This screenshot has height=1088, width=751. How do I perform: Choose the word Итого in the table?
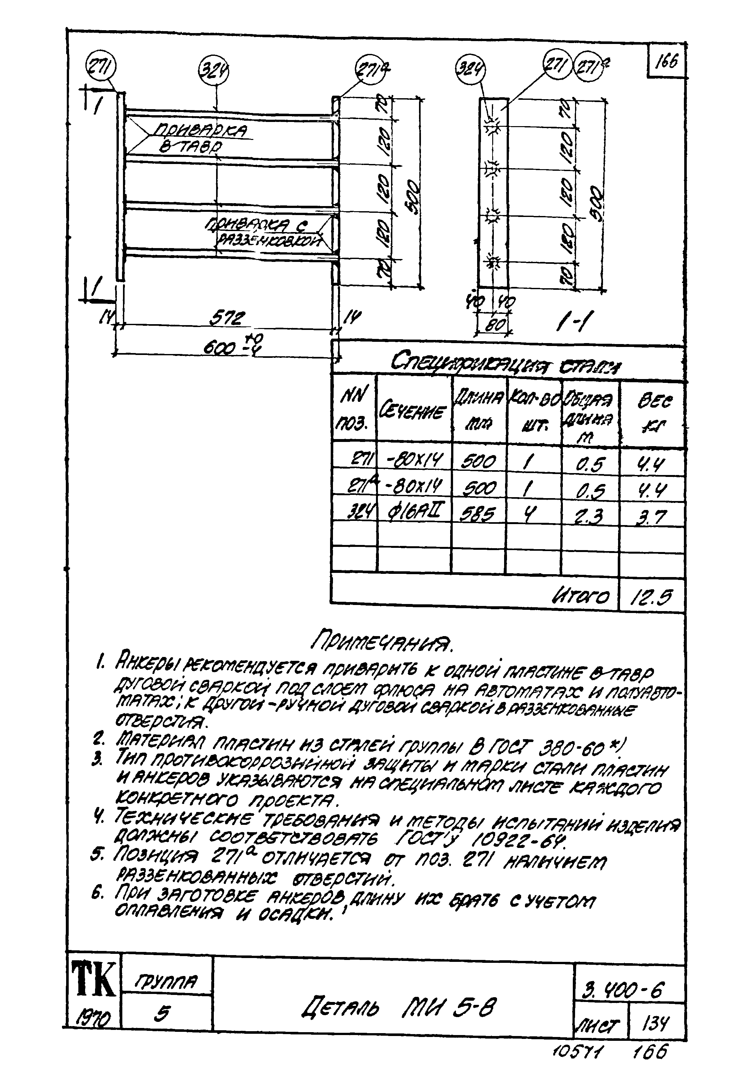click(x=580, y=596)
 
